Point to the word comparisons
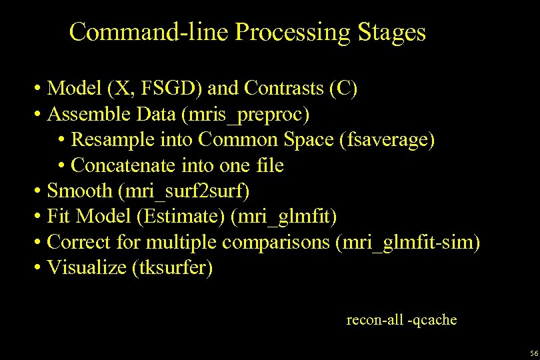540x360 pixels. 276,242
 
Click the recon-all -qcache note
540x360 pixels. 401,320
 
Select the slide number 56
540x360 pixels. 533,353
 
